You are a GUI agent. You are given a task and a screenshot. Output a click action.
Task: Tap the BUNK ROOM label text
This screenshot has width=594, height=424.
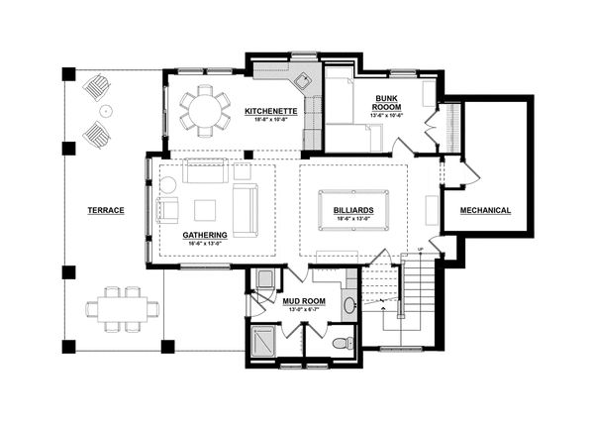click(x=386, y=103)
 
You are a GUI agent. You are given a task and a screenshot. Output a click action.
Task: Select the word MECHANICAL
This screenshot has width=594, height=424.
click(x=485, y=210)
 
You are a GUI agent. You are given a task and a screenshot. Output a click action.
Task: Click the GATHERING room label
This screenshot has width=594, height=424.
click(x=205, y=235)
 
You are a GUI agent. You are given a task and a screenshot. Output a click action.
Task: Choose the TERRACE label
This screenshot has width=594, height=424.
click(x=105, y=210)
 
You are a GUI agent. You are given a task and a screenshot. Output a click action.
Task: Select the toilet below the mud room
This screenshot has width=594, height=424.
click(x=340, y=344)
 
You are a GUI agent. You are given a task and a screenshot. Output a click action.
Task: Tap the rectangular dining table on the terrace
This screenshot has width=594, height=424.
click(x=122, y=307)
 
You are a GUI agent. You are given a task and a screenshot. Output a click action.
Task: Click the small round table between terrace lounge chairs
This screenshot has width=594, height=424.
click(x=105, y=111)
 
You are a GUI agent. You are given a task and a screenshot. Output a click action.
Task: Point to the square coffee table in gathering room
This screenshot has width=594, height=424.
click(x=205, y=209)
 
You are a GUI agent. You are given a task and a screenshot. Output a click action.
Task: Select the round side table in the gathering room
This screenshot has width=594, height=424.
click(x=167, y=184)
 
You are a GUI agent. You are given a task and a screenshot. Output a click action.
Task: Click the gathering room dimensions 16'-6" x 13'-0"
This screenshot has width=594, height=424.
click(x=205, y=243)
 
